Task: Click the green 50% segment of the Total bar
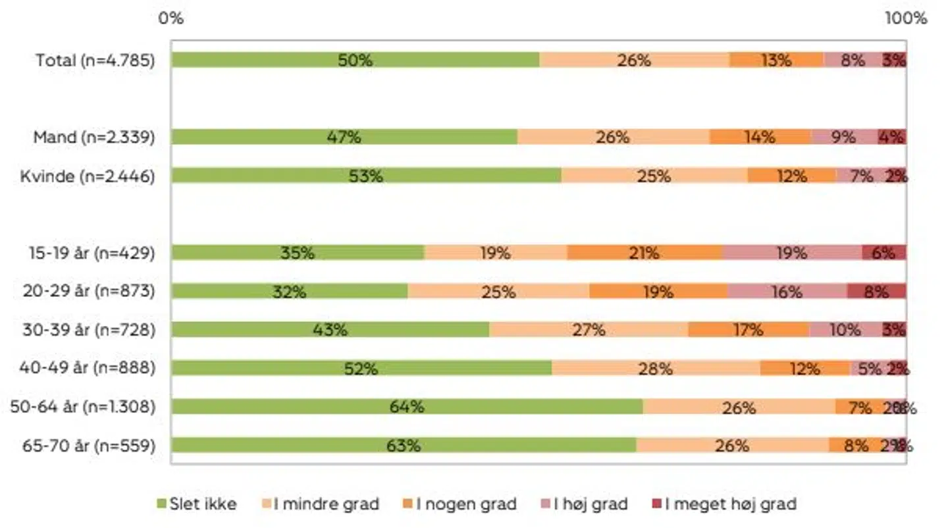355,60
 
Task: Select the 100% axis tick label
905,18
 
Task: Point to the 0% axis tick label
171,18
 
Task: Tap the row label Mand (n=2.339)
94,138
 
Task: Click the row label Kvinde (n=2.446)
88,176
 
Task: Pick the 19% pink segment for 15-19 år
792,253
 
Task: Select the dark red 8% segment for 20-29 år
876,291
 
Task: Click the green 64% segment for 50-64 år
406,407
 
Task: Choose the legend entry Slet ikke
197,504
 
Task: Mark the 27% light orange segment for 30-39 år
589,329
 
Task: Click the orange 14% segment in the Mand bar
760,137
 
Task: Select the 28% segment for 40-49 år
656,368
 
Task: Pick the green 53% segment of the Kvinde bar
366,176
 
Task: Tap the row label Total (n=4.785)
95,61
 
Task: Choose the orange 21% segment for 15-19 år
645,253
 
